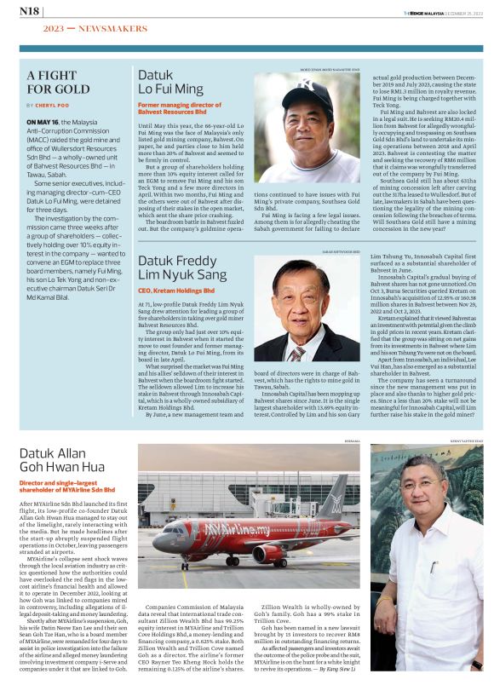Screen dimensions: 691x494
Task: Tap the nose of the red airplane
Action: (157, 541)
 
